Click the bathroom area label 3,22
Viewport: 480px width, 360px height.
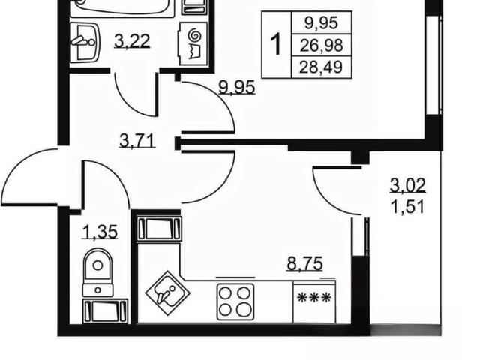point(132,41)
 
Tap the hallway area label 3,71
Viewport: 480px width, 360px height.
point(137,142)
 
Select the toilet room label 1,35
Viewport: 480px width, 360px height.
point(100,232)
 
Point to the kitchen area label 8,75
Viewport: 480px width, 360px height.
point(304,263)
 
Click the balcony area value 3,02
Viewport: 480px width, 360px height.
point(407,186)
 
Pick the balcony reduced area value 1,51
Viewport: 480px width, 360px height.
point(407,207)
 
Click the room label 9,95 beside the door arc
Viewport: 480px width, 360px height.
point(237,87)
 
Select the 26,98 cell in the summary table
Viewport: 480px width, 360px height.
point(321,45)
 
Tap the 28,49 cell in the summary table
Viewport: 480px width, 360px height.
point(321,67)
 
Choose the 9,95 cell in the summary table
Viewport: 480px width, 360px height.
point(321,23)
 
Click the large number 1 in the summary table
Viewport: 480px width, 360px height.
point(277,45)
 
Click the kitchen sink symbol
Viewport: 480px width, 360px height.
point(167,293)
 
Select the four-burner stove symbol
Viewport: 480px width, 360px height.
point(235,301)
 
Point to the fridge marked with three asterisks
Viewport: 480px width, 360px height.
point(314,301)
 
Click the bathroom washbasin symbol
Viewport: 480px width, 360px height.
point(84,43)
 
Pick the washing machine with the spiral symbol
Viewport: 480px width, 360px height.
point(193,43)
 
